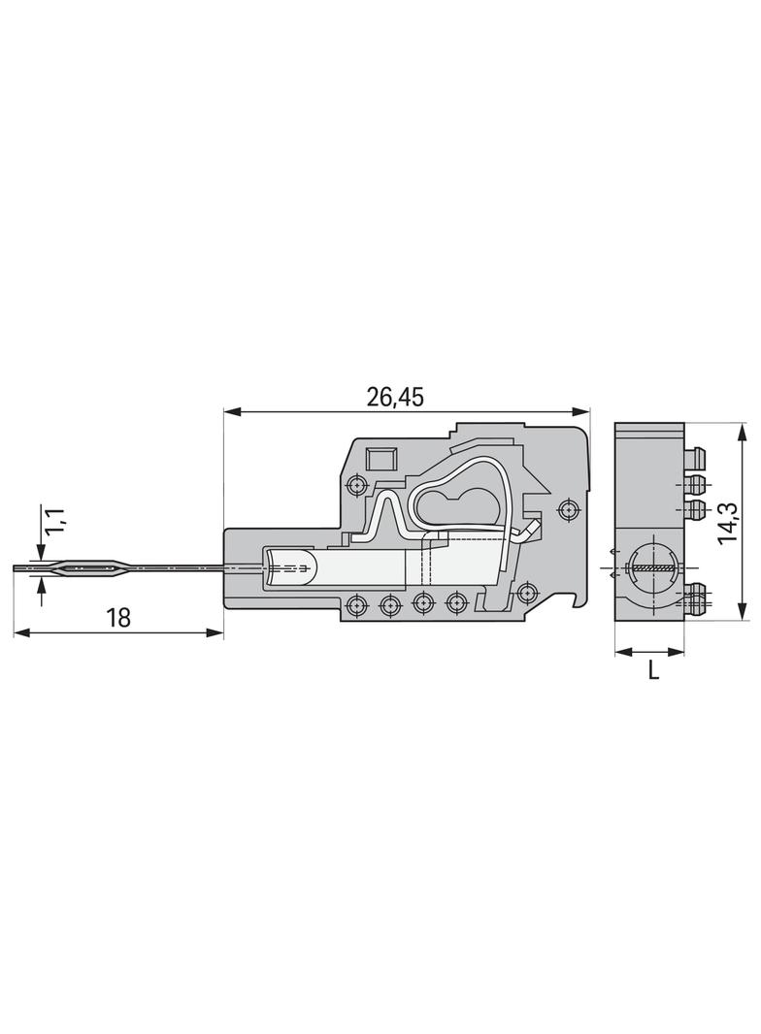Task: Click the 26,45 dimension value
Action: point(395,397)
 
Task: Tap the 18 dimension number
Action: point(119,617)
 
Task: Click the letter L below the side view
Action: point(652,670)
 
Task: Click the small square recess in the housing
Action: point(380,458)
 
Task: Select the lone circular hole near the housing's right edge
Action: point(568,510)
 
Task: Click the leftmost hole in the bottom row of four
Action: point(357,602)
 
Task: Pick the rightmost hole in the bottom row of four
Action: point(456,601)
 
